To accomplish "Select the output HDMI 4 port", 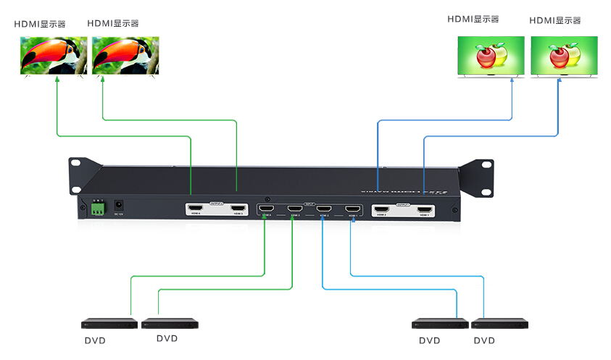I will coord(196,210).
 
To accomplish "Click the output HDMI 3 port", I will coord(236,210).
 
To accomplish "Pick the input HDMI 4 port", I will coord(265,210).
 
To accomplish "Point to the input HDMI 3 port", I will coord(294,210).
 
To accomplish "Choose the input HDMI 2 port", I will coord(323,210).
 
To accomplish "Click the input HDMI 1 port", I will coord(353,210).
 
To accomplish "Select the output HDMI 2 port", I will coord(382,211).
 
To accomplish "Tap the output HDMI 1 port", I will coord(424,211).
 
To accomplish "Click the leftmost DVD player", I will coord(109,324).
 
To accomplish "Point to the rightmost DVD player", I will coord(499,324).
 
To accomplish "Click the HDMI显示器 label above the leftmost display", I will coord(40,24).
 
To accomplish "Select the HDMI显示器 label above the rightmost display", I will coord(555,20).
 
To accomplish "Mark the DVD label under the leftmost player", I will coord(95,340).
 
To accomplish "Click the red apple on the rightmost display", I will coord(558,56).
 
